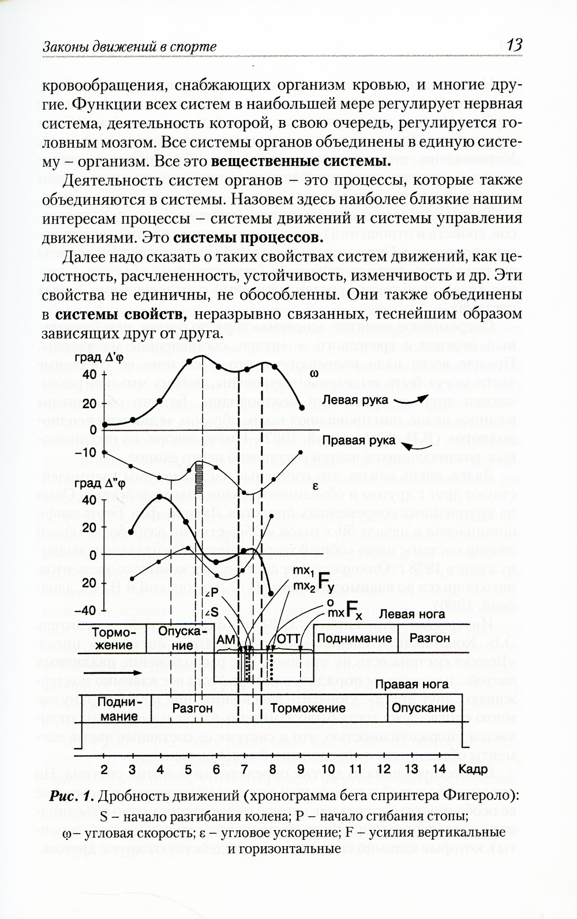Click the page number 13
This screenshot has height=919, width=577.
pos(514,44)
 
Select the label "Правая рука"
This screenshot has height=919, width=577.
pos(359,440)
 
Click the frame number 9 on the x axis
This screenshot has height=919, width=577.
pos(301,769)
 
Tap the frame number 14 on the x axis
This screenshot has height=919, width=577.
pos(440,769)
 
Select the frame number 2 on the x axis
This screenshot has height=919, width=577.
pos(104,769)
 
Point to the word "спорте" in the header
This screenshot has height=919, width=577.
pos(192,47)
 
